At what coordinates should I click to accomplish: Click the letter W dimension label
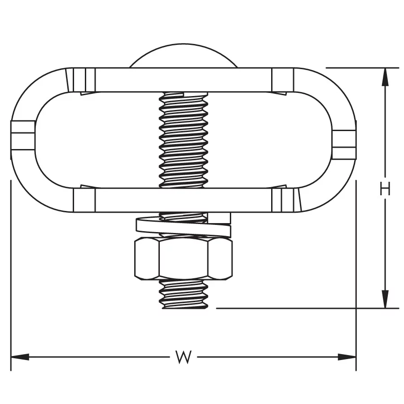click(184, 357)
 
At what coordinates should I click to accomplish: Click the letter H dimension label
click(385, 189)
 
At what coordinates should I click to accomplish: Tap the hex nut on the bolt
click(183, 259)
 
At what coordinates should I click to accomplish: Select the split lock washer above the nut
click(183, 225)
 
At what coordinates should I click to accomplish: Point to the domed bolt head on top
click(183, 56)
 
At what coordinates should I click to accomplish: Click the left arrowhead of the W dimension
click(20, 357)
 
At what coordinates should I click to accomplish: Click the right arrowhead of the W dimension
click(347, 357)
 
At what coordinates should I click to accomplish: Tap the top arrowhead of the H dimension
click(385, 77)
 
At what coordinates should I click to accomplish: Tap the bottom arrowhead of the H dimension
click(385, 299)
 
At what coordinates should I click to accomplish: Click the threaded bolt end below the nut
click(184, 294)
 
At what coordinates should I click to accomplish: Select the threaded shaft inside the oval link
click(184, 140)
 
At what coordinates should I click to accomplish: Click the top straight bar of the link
click(183, 80)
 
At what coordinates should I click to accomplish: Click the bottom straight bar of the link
click(183, 200)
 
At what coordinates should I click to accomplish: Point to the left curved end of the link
click(23, 141)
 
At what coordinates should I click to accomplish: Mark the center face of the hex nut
click(184, 259)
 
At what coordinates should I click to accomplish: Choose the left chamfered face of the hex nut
click(147, 259)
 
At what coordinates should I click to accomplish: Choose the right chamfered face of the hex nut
click(220, 259)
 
